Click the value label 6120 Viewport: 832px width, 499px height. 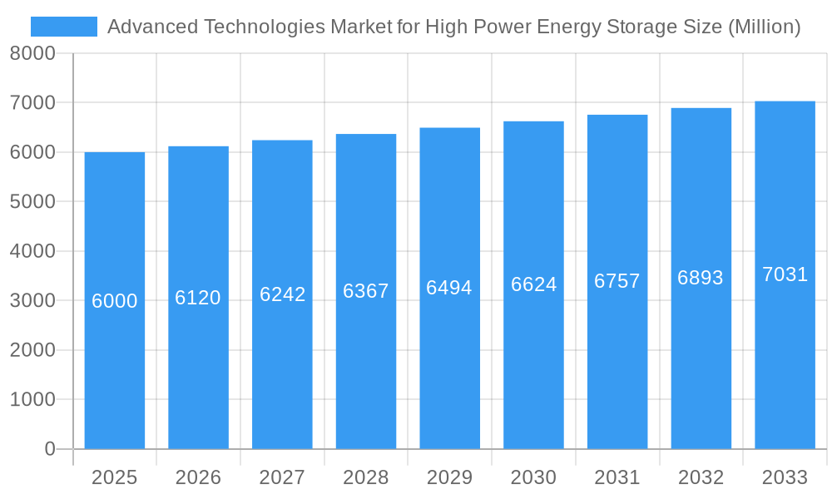(x=198, y=298)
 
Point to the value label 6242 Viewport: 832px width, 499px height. (x=283, y=294)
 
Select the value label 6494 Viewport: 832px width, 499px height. (x=449, y=288)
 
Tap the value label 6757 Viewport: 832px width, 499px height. (x=617, y=281)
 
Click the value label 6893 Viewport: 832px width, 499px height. (x=701, y=278)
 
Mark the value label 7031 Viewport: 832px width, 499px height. (x=785, y=274)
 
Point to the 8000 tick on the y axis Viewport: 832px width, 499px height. (x=32, y=54)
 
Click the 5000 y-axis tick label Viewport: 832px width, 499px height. (x=32, y=202)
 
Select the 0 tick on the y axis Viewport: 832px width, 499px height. (x=49, y=449)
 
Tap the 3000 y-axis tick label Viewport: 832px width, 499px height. (x=32, y=301)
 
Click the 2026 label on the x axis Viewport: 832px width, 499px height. (x=198, y=477)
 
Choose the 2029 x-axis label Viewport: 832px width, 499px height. (x=449, y=477)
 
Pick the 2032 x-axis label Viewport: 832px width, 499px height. (x=701, y=477)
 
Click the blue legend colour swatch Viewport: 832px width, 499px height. (x=64, y=27)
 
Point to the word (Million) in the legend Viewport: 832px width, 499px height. (x=764, y=27)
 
